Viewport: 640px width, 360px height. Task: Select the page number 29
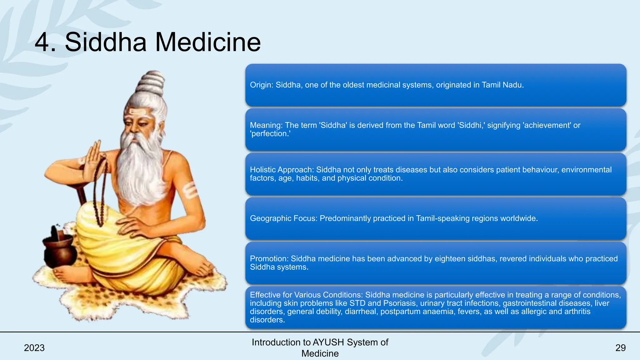620,348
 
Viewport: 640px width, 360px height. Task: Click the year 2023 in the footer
34,348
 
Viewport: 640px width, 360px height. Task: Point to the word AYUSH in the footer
328,342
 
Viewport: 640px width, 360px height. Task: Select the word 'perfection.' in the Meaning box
270,134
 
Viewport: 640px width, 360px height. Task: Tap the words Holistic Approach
282,170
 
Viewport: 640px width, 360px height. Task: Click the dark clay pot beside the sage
59,250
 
